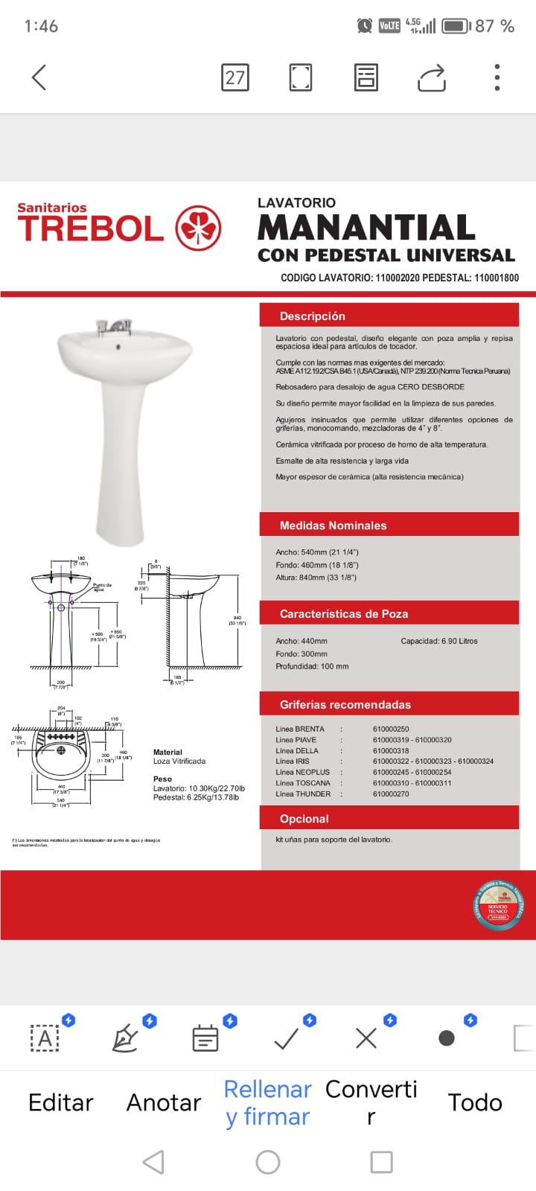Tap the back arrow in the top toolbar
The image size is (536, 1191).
coord(39,77)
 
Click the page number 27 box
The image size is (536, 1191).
coord(235,77)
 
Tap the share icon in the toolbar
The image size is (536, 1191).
coord(431,78)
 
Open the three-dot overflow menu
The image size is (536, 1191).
coord(497,77)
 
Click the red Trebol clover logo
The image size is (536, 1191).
coord(198,228)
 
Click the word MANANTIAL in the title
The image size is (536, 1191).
coord(366,228)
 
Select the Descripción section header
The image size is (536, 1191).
coord(313,316)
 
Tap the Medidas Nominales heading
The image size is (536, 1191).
coord(333,526)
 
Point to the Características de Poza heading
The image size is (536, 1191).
coord(343,614)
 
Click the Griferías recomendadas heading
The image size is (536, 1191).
coord(345,705)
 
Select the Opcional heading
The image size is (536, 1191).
coord(304,819)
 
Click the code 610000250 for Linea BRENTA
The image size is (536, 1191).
coord(391,729)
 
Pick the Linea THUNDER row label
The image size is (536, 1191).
coord(303,794)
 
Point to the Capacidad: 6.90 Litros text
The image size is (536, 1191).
coord(439,641)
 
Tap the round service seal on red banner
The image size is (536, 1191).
coord(498,905)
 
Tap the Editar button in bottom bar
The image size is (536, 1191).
coord(60,1102)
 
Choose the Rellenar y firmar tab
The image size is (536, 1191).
coord(267,1102)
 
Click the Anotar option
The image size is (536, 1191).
coord(164,1102)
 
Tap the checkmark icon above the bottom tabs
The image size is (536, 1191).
coord(287,1038)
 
